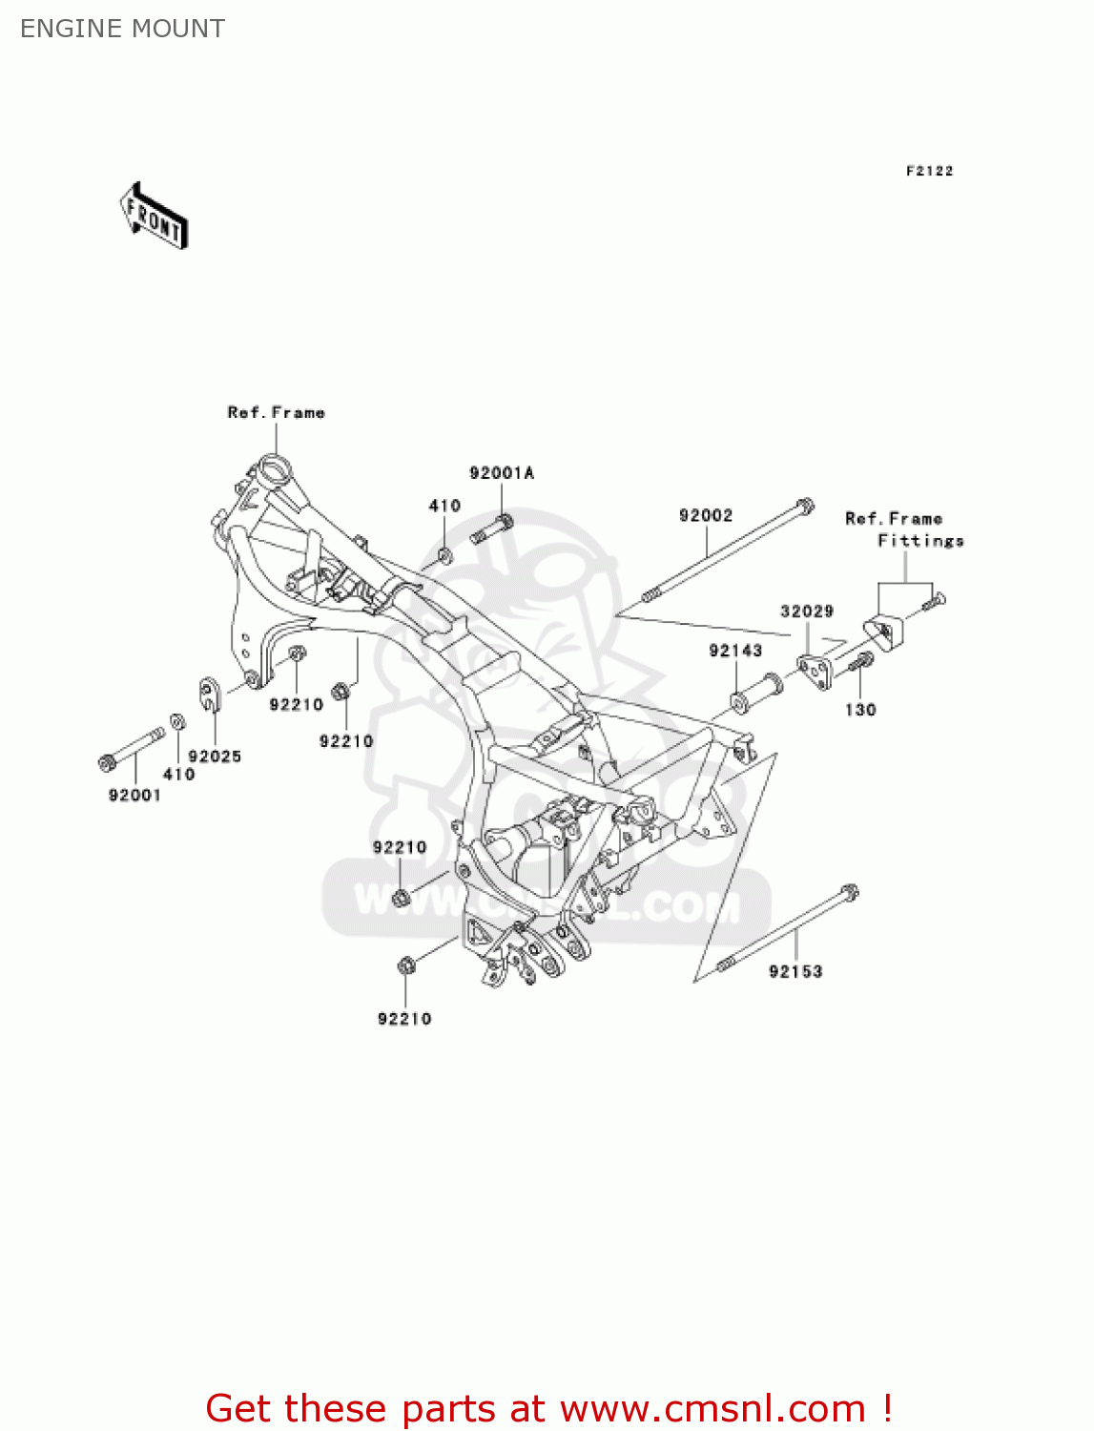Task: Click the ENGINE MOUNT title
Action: tap(123, 29)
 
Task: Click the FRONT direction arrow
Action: tap(154, 217)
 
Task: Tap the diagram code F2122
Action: tap(929, 171)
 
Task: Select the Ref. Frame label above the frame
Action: tap(276, 412)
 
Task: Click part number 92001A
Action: tap(502, 473)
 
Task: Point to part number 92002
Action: tap(706, 515)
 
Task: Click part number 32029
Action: tap(807, 611)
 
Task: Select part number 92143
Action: tap(735, 651)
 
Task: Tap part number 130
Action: tap(860, 710)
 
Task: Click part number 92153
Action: tap(795, 971)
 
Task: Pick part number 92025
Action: tap(215, 757)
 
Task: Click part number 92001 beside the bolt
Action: tap(134, 796)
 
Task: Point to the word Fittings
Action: tap(920, 541)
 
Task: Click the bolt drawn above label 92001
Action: tap(132, 748)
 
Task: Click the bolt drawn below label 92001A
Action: tap(492, 529)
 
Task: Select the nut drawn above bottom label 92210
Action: tap(404, 966)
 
